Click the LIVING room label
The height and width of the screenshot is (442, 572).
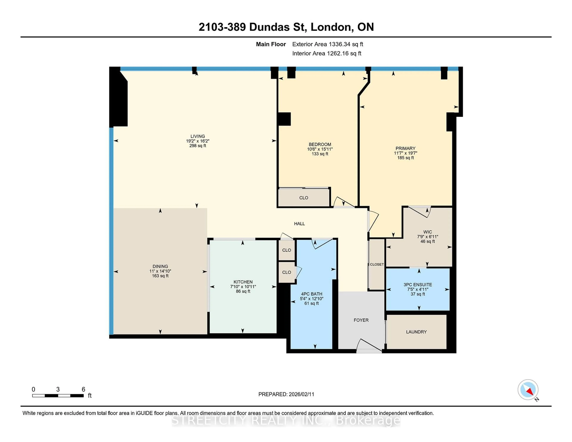(198, 136)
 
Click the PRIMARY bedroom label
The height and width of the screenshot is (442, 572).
(405, 148)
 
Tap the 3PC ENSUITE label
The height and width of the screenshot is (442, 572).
(418, 284)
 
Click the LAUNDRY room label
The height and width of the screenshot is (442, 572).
(416, 332)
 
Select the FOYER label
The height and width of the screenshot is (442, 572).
(361, 320)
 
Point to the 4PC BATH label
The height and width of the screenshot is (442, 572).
(311, 294)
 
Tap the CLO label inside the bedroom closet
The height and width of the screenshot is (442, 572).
(304, 198)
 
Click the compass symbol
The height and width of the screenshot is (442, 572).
(528, 390)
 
